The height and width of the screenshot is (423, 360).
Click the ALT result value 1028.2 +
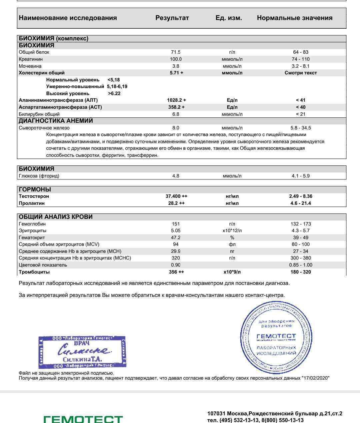[176, 100]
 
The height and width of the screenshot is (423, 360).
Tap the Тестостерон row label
[34, 196]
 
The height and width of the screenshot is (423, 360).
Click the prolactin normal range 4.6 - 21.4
[300, 203]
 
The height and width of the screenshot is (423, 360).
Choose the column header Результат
[172, 18]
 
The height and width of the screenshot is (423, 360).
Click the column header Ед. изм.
[229, 18]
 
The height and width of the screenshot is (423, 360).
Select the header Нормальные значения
[295, 18]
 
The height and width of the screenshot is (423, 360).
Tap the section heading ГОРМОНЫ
[35, 189]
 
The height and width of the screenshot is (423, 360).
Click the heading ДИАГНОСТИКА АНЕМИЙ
[56, 121]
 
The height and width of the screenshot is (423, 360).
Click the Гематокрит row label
[32, 238]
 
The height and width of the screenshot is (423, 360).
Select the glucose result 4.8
[176, 176]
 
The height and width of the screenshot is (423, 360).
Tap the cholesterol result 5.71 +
[176, 73]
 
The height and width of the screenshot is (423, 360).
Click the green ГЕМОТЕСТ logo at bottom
[83, 419]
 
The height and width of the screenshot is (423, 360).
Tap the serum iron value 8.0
[176, 128]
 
